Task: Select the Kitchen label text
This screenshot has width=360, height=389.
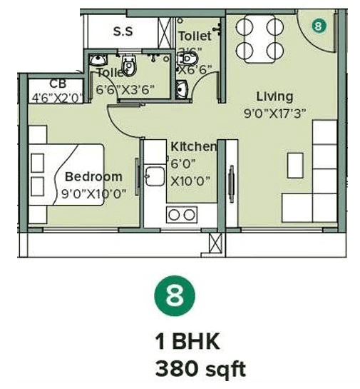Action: (193, 146)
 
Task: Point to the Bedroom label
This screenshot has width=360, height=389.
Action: (93, 176)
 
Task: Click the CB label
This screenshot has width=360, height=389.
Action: (58, 84)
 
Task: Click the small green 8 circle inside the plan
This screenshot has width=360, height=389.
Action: (318, 26)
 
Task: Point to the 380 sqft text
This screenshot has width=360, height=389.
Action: (200, 369)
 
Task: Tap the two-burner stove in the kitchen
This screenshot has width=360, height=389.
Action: (181, 213)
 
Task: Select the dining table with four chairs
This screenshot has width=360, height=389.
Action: (259, 38)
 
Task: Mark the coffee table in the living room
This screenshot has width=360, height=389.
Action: (294, 165)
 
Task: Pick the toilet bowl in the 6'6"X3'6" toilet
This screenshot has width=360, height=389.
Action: (128, 66)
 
